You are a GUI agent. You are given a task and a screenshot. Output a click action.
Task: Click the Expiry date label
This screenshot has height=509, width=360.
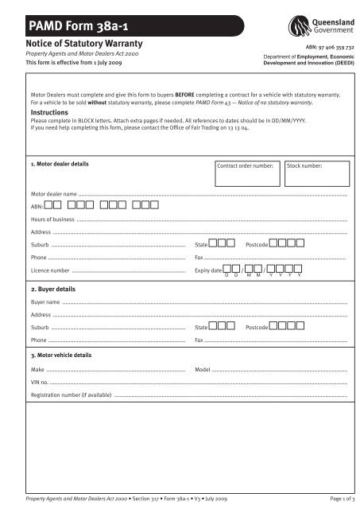tap(207, 270)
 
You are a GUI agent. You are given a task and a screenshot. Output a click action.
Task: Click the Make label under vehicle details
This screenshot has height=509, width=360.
tap(37, 371)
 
